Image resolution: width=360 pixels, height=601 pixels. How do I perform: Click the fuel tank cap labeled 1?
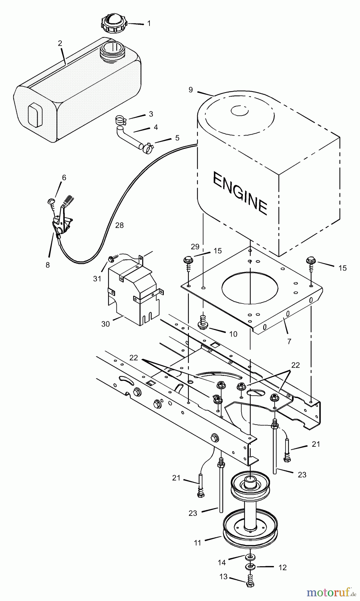114,23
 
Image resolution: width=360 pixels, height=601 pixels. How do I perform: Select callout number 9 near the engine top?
191,90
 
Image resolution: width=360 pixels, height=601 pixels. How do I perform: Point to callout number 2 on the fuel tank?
60,43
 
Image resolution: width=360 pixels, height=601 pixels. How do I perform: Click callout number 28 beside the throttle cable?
119,225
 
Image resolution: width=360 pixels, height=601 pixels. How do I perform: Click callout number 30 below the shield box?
105,324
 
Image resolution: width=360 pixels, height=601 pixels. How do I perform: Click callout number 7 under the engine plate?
289,341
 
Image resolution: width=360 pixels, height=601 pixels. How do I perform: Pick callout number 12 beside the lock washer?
282,568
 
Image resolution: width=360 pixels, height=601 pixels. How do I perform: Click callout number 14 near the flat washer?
222,563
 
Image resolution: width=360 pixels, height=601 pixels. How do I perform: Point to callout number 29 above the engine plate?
195,247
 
